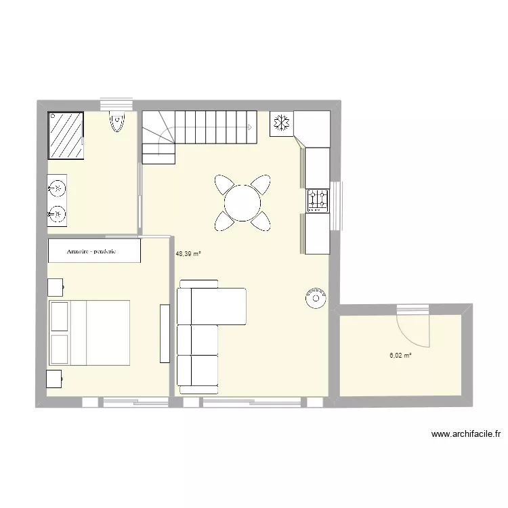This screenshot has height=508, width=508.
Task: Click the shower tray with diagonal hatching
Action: click(66, 135)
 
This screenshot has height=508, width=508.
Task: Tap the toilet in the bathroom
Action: click(117, 121)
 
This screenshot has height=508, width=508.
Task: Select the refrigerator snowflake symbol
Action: click(281, 123)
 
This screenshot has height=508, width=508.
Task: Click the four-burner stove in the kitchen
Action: click(317, 200)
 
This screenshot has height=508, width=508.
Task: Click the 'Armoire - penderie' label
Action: click(92, 251)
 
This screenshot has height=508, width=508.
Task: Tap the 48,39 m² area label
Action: click(188, 254)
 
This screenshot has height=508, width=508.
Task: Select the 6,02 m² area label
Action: click(400, 354)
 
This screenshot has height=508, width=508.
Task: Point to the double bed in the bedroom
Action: click(89, 333)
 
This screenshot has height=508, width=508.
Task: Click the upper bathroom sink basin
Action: click(57, 186)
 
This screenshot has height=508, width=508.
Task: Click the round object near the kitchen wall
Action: click(315, 297)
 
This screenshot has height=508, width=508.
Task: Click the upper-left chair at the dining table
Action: click(224, 185)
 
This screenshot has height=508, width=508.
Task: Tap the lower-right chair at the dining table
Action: click(261, 220)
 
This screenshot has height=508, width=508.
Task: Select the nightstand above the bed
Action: click(55, 287)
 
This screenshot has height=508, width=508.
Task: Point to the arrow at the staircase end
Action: click(250, 127)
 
